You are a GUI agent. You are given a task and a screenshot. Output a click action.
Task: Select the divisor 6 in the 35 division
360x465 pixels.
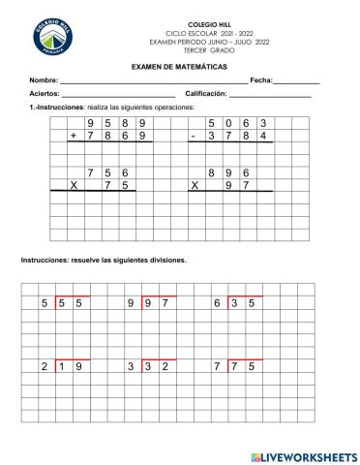coord(219,303)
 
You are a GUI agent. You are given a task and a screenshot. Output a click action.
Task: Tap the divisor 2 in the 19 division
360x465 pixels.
coord(45,366)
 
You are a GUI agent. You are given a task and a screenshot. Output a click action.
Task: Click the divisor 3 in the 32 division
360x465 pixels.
coord(131,366)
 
